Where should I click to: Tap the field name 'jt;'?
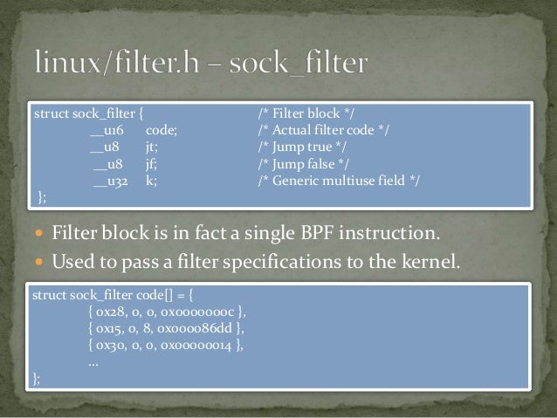tap(151, 147)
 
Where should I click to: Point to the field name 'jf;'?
tap(151, 164)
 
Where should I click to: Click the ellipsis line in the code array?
tap(93, 360)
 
